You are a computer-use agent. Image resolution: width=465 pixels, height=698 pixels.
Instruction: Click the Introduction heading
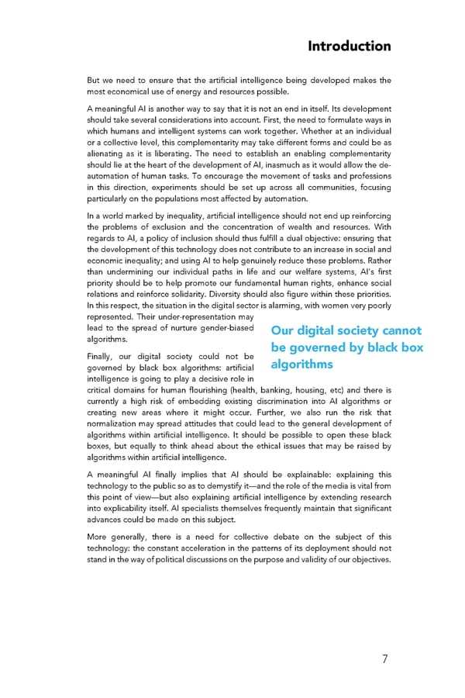(x=349, y=46)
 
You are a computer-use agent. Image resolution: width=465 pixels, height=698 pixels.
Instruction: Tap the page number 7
(x=384, y=659)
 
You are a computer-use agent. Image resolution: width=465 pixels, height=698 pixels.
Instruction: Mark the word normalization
(x=117, y=424)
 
